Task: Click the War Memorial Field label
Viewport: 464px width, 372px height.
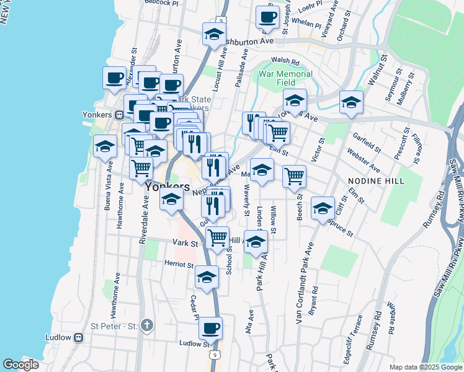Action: point(285,77)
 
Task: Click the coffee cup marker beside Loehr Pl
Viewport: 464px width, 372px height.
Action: point(267,18)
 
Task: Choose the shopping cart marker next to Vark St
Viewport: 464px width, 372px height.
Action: point(217,237)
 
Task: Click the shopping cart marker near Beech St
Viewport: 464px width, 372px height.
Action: point(294,176)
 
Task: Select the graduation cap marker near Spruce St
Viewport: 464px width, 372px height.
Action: point(323,208)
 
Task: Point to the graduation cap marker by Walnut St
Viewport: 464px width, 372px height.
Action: point(350,102)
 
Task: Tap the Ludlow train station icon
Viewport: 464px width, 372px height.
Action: point(79,337)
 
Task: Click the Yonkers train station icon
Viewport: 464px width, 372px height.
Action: point(118,115)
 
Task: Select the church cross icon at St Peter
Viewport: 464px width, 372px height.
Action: point(146,325)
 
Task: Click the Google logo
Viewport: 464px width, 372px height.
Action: point(20,365)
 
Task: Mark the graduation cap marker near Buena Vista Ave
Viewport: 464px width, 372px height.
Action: point(105,146)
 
